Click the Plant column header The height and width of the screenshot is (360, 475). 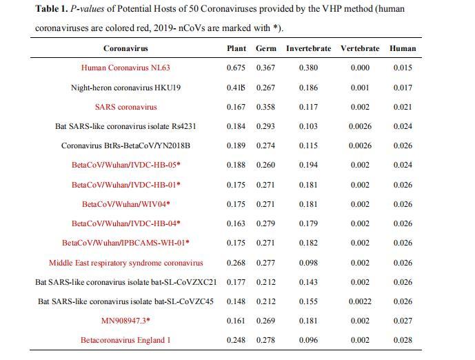(236, 48)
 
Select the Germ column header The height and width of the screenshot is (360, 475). (266, 48)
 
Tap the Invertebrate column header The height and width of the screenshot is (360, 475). (308, 48)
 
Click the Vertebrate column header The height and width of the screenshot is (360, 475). (360, 48)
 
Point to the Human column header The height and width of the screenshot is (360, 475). (403, 48)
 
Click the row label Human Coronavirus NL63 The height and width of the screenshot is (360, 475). (125, 68)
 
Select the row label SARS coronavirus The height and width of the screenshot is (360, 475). (125, 107)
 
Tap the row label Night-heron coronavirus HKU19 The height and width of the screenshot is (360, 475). (125, 88)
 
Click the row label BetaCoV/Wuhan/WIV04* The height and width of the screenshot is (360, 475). (125, 204)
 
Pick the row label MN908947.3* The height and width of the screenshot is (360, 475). (125, 321)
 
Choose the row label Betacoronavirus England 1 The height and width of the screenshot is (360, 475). (125, 340)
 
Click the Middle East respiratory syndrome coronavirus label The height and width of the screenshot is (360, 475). (125, 263)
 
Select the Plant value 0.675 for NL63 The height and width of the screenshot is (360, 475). (236, 68)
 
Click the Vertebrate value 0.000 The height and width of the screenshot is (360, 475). (360, 68)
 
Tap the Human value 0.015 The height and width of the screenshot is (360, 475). (403, 68)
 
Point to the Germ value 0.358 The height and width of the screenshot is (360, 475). (266, 107)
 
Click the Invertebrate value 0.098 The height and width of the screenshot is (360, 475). (308, 263)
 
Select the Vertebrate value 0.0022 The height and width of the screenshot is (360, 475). (360, 301)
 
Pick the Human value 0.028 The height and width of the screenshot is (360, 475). (403, 340)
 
